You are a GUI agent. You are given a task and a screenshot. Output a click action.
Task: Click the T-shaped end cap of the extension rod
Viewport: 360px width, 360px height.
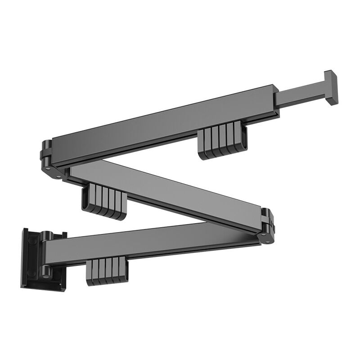pos(331,87)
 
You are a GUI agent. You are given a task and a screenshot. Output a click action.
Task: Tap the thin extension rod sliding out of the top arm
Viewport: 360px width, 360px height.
pos(299,96)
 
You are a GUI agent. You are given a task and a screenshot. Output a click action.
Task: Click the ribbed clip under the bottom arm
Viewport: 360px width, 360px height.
pos(107,271)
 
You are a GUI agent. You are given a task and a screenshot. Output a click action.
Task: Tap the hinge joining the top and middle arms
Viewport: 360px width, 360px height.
pos(49,160)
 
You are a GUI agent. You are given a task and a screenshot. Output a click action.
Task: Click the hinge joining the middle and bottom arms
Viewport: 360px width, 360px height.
pos(267,226)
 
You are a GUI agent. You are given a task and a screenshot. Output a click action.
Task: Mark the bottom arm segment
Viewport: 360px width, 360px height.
pos(148,243)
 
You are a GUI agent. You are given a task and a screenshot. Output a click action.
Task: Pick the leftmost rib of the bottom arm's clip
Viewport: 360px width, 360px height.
pos(89,272)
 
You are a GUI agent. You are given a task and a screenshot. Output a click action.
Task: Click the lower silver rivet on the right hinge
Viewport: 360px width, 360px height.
pos(268,241)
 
